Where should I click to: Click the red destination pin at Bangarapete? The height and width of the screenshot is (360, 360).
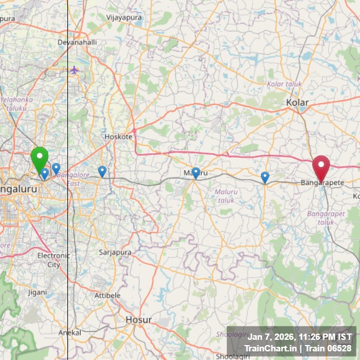[321, 166]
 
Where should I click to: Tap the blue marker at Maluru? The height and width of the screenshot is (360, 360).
[196, 172]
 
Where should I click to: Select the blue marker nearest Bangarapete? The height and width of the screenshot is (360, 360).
[265, 176]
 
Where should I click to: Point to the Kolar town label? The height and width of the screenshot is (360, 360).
[297, 103]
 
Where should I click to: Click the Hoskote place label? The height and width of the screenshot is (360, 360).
[118, 137]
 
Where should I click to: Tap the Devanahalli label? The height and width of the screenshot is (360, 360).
[78, 43]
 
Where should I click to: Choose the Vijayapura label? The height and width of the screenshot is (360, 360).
[124, 18]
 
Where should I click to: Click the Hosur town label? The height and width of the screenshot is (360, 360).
[139, 320]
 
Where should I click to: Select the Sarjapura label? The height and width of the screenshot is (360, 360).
[115, 252]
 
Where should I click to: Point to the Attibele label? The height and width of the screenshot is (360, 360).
[107, 295]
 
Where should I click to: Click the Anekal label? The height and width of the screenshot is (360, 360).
[70, 333]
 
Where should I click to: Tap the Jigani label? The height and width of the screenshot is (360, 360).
[37, 293]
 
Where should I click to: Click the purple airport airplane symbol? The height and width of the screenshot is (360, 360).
[74, 70]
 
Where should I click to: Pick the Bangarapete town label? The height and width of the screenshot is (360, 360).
[322, 183]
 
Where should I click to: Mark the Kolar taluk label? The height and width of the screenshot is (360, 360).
[285, 84]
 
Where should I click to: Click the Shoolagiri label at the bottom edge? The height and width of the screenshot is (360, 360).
[232, 356]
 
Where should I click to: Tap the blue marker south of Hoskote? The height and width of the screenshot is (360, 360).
[102, 171]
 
